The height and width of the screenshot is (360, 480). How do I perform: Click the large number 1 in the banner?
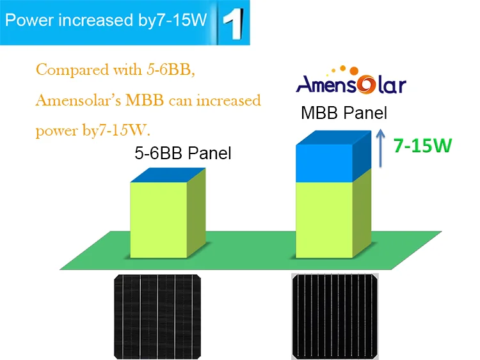pos(234,23)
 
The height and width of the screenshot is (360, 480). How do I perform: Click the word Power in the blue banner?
pos(29,20)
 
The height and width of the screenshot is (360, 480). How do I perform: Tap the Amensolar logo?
pos(351,79)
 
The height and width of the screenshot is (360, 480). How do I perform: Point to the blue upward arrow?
pos(380,148)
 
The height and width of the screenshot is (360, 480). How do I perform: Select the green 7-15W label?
pos(422,145)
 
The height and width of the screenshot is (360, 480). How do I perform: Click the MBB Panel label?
pos(344,113)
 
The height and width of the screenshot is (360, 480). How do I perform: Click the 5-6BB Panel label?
pos(183,153)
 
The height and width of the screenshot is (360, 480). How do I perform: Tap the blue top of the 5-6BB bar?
pos(168,175)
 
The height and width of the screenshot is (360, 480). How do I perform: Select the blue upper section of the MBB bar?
pos(333,156)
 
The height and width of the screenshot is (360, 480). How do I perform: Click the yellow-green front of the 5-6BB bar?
pos(159,220)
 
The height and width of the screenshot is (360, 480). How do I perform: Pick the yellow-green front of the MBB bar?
pos(324,220)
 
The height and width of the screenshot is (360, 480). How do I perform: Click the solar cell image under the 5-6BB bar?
pos(157,317)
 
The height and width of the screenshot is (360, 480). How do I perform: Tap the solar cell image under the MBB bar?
pos(335,317)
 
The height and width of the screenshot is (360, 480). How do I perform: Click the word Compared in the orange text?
pos(72,70)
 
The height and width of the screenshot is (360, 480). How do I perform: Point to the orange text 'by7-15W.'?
pos(116,130)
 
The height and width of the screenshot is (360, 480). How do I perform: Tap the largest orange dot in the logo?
pos(354,70)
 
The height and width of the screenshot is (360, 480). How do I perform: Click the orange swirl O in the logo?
pos(366,84)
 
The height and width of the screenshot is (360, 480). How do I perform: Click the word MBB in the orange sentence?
pos(145,100)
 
